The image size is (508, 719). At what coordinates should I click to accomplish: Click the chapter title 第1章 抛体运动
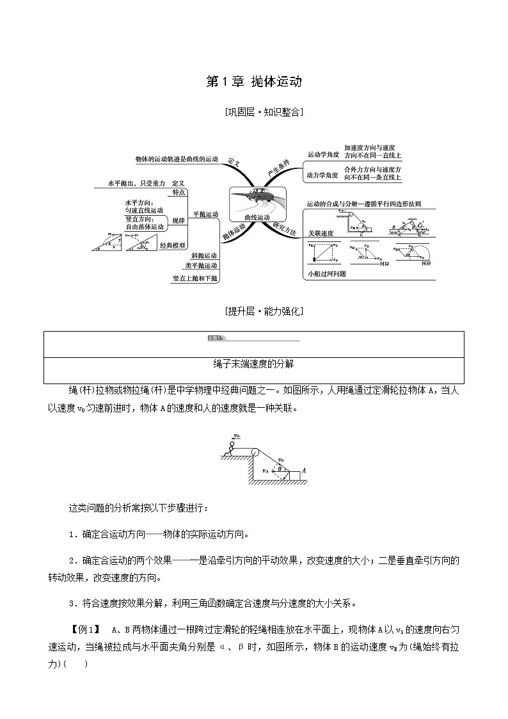coord(253,82)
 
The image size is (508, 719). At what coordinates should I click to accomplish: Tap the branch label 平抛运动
coord(205,214)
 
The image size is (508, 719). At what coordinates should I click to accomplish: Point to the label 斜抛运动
coord(204,255)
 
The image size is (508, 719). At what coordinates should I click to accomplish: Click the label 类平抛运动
coord(201,266)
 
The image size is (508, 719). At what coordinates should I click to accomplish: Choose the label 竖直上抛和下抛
coord(195,279)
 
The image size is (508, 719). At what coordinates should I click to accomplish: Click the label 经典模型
coord(172,245)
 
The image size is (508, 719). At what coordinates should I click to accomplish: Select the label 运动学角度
coord(322,154)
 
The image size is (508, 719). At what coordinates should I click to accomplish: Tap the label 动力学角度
coord(322,174)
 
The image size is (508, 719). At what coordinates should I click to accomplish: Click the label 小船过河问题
coord(326,273)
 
